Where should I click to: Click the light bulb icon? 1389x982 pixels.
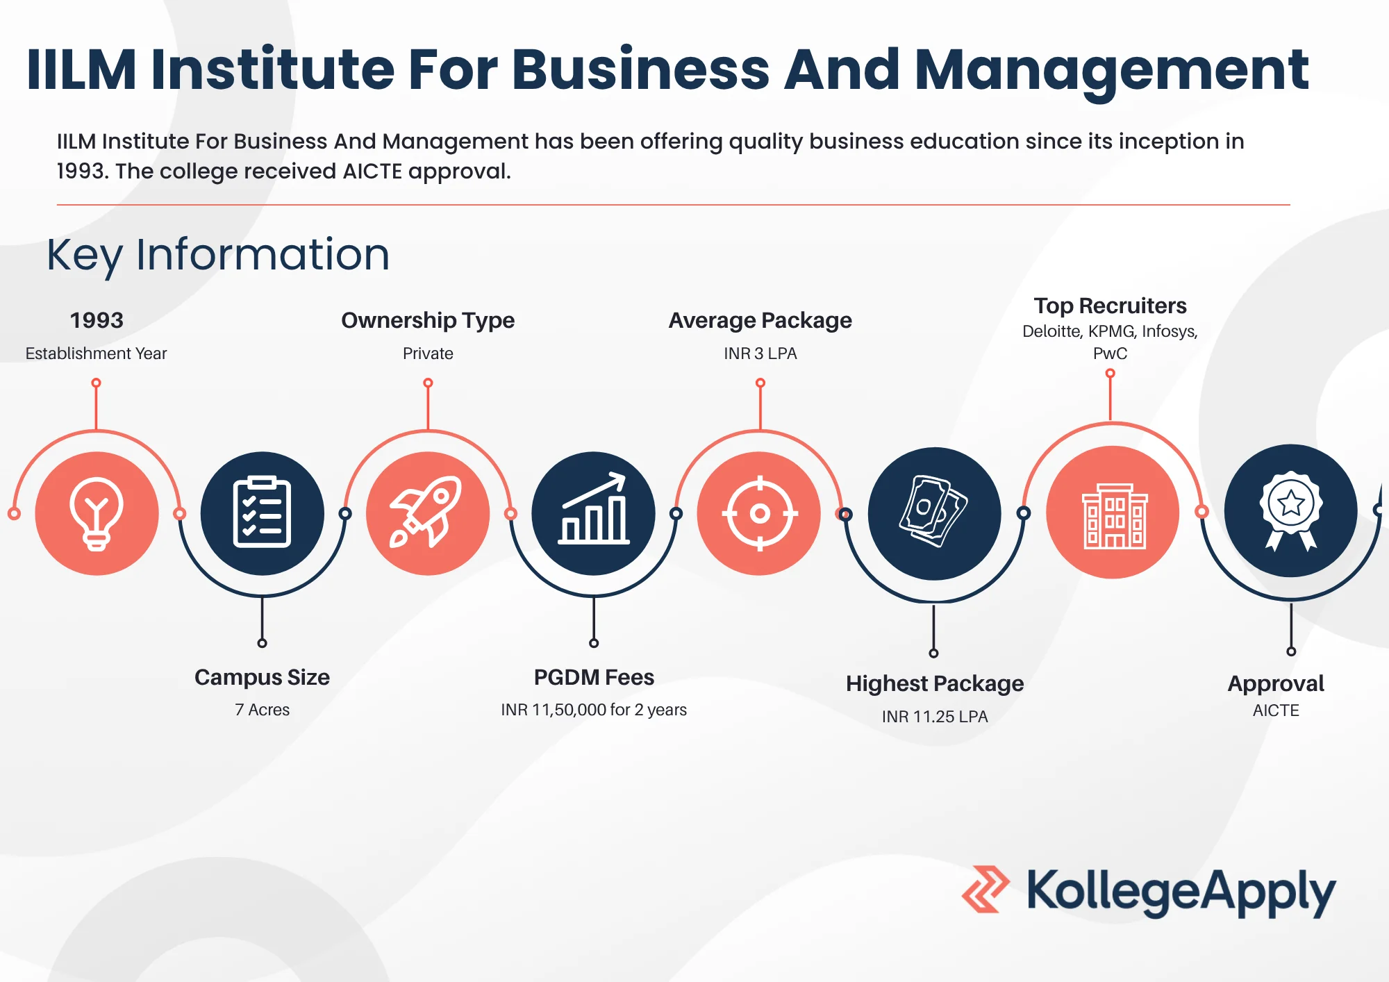pos(97,514)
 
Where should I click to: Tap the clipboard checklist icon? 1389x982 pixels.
pos(262,513)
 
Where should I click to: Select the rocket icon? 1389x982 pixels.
pos(426,512)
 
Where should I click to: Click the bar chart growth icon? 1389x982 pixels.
pos(594,508)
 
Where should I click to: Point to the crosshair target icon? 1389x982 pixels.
pos(760,513)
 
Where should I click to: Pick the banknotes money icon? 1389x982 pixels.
pos(933,511)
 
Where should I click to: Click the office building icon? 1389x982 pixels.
pos(1115,516)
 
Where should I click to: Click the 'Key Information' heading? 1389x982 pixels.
pos(218,255)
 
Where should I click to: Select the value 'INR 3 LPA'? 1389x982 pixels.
pos(760,353)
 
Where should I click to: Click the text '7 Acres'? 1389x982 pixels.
pos(262,710)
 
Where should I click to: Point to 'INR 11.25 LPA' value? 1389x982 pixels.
pos(935,717)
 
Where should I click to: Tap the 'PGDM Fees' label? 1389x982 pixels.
pos(594,677)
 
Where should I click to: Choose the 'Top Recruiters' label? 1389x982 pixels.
pos(1110,306)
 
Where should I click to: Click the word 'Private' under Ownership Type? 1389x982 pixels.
pos(428,353)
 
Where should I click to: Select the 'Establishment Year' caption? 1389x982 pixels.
pos(96,353)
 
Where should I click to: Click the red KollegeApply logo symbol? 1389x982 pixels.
pos(985,889)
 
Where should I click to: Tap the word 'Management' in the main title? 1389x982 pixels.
pos(1111,70)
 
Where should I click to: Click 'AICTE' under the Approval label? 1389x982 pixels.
pos(1276,710)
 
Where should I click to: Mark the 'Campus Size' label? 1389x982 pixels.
pos(262,677)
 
